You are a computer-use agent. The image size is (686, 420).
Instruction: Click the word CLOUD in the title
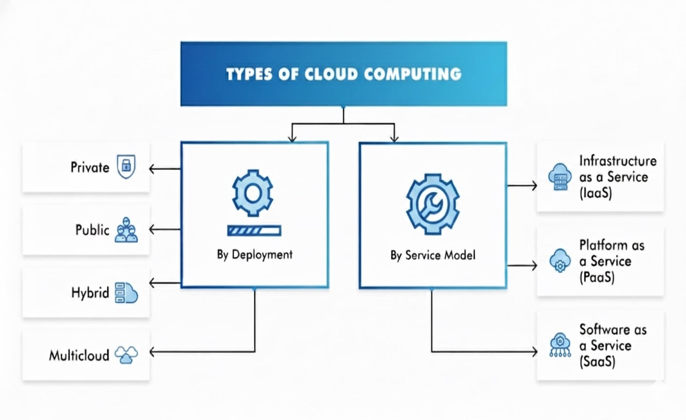[328, 74]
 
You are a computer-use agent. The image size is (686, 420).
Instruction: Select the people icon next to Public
[126, 230]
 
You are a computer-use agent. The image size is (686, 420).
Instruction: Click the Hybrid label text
[90, 293]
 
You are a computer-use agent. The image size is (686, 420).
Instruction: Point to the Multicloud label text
[79, 356]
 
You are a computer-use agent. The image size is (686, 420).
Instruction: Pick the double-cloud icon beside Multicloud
[126, 355]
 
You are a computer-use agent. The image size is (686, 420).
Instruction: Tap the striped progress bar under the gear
[254, 231]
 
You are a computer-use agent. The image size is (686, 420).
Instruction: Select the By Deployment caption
[254, 255]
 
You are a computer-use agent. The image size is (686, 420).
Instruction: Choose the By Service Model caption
[433, 255]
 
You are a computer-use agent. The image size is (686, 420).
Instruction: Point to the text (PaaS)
[597, 277]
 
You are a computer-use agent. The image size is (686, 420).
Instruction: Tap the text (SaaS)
[597, 361]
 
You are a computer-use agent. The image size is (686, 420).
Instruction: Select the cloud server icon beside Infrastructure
[558, 176]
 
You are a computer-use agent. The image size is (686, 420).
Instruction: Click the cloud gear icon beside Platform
[558, 260]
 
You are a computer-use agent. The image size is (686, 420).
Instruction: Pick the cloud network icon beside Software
[559, 345]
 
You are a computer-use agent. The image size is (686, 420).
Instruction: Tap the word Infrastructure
[617, 161]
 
